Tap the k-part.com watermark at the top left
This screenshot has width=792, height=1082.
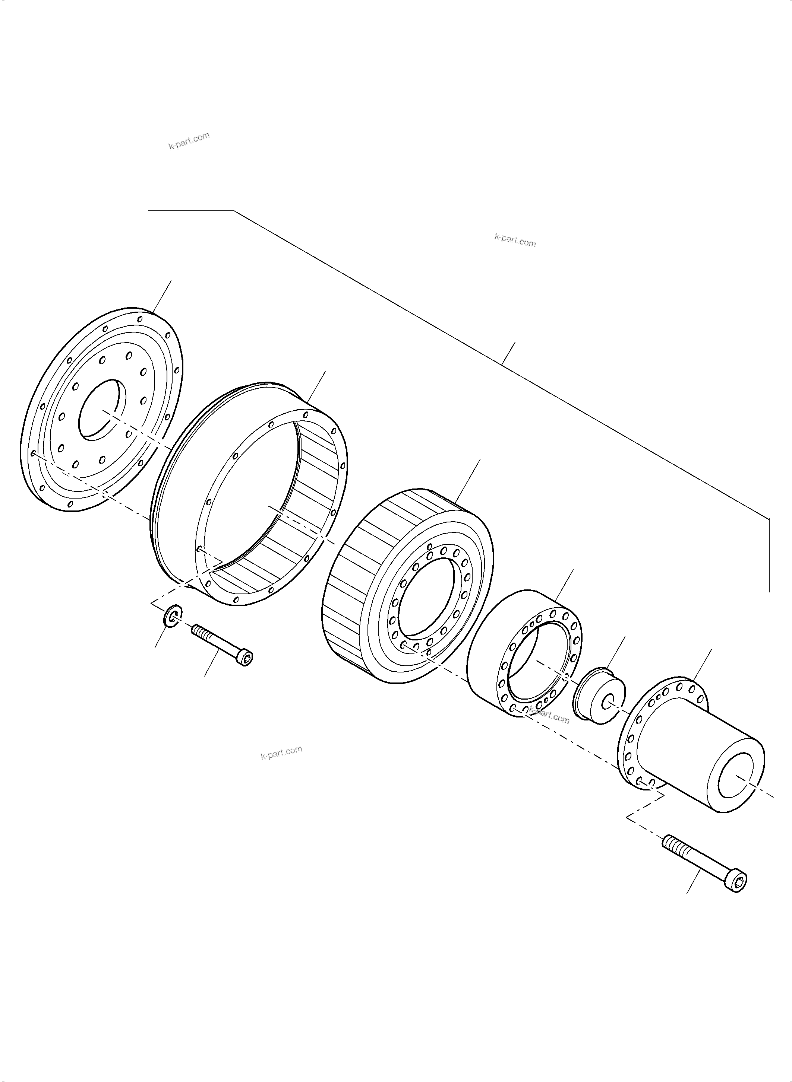pyautogui.click(x=189, y=141)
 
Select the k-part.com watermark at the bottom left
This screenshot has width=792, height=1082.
pyautogui.click(x=281, y=752)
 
